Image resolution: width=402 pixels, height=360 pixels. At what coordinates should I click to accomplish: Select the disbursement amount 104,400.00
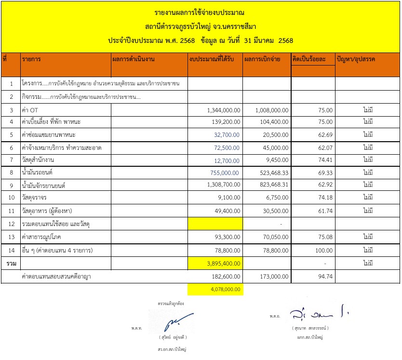point(273,122)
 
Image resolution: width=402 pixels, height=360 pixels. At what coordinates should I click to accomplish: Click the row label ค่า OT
point(30,110)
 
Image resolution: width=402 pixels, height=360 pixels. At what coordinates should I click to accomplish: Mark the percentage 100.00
point(323,251)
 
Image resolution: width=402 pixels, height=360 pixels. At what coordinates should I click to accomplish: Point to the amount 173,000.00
point(273,277)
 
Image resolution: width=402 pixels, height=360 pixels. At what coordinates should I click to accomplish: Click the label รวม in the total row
point(10,263)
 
